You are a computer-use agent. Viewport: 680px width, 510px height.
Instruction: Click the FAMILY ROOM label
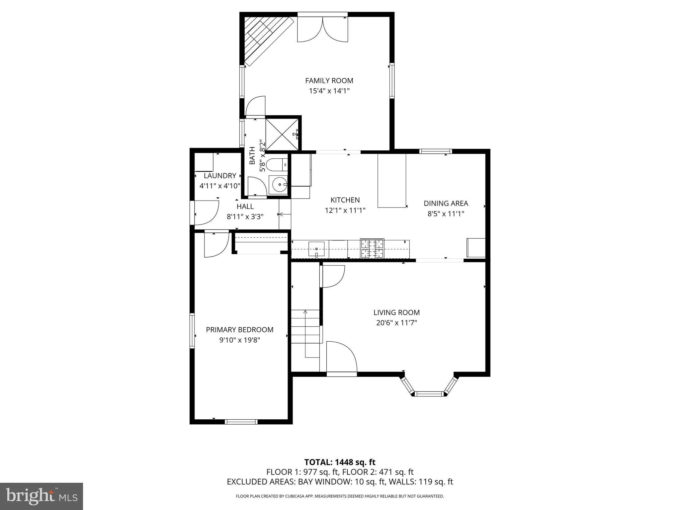click(329, 81)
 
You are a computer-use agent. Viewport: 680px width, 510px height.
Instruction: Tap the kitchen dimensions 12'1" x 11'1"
click(345, 210)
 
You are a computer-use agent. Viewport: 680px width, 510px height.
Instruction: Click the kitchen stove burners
click(372, 248)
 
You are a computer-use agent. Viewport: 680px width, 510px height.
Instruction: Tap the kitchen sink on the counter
click(316, 249)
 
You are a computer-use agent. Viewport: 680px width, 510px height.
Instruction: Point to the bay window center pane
click(430, 394)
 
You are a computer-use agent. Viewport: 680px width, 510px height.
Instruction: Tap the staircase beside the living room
click(305, 332)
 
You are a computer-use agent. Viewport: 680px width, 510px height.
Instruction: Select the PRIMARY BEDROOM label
click(239, 330)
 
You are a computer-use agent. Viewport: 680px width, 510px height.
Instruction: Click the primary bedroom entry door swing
click(216, 244)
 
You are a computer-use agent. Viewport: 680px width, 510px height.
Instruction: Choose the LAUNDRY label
click(220, 176)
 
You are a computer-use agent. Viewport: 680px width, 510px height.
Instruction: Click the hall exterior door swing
click(206, 212)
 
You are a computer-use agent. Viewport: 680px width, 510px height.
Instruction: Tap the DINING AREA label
click(446, 203)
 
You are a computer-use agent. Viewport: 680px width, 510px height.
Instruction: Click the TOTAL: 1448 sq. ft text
click(340, 462)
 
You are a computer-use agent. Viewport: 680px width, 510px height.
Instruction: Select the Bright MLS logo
click(42, 496)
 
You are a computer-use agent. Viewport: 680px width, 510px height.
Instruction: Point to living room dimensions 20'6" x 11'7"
click(396, 322)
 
